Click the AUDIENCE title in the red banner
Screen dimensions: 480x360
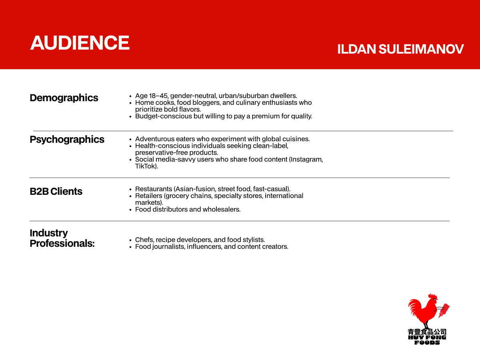[x=80, y=43]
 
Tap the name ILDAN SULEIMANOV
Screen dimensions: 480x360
[x=400, y=49]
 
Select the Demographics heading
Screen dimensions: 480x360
[x=64, y=98]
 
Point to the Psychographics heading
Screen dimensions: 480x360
[x=67, y=140]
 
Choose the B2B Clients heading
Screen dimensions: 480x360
[x=56, y=192]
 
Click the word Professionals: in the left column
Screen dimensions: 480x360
[x=62, y=244]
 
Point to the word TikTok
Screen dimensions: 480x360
[x=145, y=166]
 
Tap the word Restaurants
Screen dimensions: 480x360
[x=154, y=189]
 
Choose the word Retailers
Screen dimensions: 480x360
[x=149, y=196]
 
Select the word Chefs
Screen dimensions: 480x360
[x=144, y=240]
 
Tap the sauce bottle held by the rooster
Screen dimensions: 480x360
[x=444, y=310]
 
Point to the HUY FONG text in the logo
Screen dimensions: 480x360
[x=427, y=338]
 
